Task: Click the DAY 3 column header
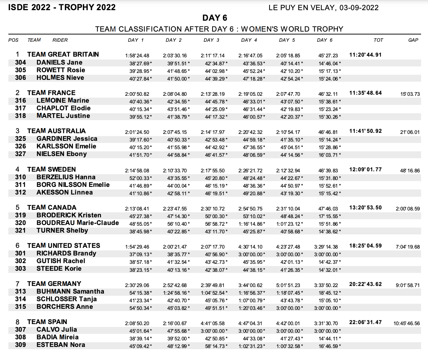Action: point(211,40)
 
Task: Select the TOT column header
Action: point(378,40)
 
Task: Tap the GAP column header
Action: point(413,40)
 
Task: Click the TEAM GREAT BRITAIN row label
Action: point(63,54)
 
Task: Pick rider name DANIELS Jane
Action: point(60,62)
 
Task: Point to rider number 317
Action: point(20,108)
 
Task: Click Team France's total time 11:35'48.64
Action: point(366,93)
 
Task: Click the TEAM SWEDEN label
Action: point(51,169)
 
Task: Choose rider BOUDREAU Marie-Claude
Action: point(78,223)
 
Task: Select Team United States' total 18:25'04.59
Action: point(366,246)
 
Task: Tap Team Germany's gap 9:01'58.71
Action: point(408,285)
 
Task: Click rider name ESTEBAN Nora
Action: point(61,345)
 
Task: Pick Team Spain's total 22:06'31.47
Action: point(366,322)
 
